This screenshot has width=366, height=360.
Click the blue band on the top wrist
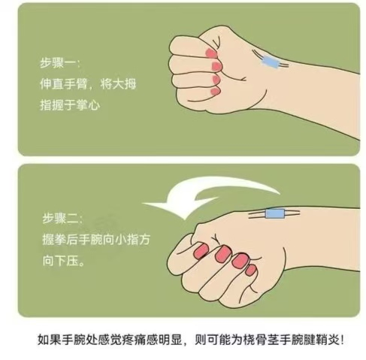click(270, 62)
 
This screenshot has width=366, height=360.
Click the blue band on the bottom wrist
click(275, 213)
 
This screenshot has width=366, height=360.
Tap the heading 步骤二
click(59, 219)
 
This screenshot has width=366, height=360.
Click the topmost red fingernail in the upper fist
click(210, 53)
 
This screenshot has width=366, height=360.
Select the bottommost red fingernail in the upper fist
click(216, 91)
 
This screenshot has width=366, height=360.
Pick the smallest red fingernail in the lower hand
click(250, 270)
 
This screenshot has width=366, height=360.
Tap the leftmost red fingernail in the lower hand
click(201, 251)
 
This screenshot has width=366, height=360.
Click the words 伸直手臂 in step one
click(64, 84)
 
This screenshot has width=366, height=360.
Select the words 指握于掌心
click(70, 105)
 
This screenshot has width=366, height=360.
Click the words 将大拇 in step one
click(118, 84)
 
